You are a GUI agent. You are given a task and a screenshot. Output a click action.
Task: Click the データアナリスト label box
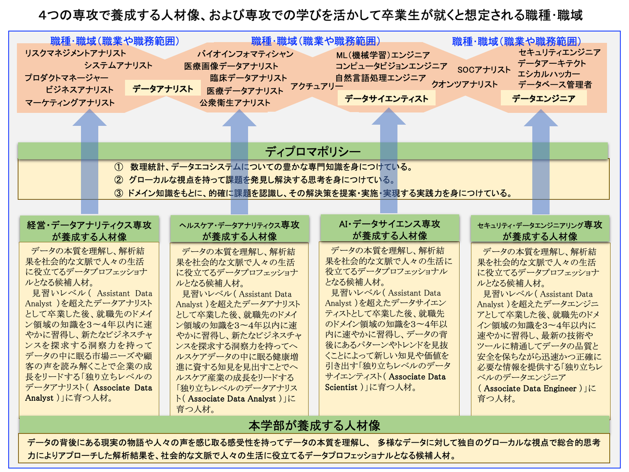coord(162,89)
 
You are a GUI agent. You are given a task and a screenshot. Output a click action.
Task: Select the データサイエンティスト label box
coord(386,99)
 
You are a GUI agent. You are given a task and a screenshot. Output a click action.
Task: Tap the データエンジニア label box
coord(543,98)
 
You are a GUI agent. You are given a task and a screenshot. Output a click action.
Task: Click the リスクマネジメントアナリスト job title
coord(75,53)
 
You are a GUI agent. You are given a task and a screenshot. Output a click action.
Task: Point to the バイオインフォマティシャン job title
coord(245,54)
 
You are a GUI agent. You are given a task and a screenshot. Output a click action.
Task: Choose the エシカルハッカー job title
coord(549,74)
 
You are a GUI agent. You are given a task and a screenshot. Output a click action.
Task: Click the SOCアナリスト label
coord(484,70)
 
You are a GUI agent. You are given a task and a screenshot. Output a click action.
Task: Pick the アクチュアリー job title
coord(316,86)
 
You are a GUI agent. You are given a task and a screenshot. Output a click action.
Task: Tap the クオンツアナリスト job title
coord(464,84)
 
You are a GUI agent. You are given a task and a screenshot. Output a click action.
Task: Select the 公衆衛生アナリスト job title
coord(235,103)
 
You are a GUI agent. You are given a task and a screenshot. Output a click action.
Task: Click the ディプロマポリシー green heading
coord(313,151)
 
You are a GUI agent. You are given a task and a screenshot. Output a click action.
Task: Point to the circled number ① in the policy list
coord(119,167)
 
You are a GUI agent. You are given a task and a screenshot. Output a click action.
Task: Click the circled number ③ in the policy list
coord(119,193)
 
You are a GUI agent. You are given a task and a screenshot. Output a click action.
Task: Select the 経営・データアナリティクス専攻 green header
coord(89,230)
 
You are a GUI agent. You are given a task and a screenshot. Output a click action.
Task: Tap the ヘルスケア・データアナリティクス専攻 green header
coord(239,230)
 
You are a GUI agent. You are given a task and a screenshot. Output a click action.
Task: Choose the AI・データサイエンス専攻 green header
coord(390,229)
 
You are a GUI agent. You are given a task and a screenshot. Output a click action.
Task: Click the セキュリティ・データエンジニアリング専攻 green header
coord(540,230)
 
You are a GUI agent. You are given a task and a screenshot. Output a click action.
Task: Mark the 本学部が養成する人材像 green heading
coord(314,425)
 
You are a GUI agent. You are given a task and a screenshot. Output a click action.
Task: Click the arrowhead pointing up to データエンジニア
coord(540,119)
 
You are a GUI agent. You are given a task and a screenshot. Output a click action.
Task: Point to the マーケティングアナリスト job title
coord(70,103)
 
